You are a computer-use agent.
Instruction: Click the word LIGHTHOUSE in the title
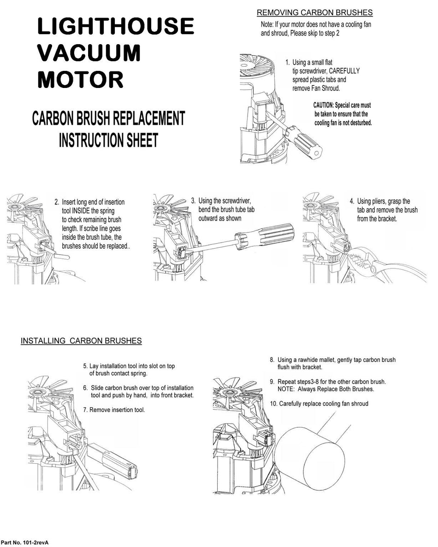point(116,26)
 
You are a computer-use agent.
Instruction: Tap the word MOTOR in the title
point(80,79)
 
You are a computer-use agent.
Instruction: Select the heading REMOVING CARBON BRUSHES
point(314,12)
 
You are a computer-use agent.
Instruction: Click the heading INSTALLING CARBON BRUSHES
point(81,341)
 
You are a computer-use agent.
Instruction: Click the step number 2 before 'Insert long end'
point(56,202)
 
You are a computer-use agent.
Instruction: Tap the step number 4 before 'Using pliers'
point(351,201)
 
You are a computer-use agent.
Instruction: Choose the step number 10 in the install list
point(273,404)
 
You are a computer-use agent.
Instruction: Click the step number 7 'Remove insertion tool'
point(85,409)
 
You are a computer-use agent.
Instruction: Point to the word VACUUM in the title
point(89,53)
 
